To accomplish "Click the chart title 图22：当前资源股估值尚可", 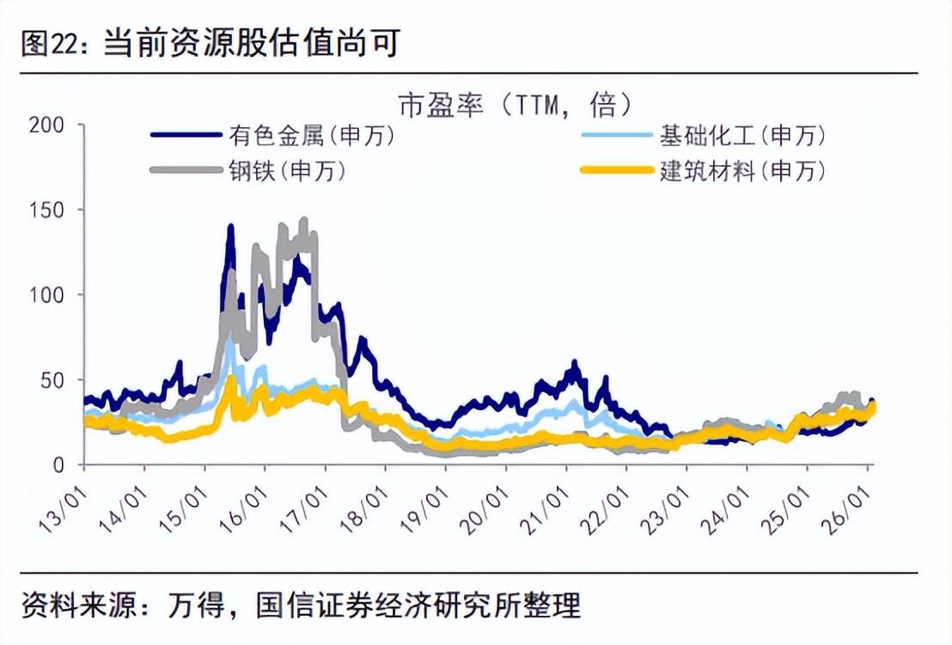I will (211, 42).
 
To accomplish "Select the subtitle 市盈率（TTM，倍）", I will (516, 106).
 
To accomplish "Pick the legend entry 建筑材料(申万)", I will (742, 170).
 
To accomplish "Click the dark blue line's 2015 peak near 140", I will (230, 227).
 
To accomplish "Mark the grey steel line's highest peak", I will (303, 221).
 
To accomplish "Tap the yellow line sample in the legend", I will (616, 170).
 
